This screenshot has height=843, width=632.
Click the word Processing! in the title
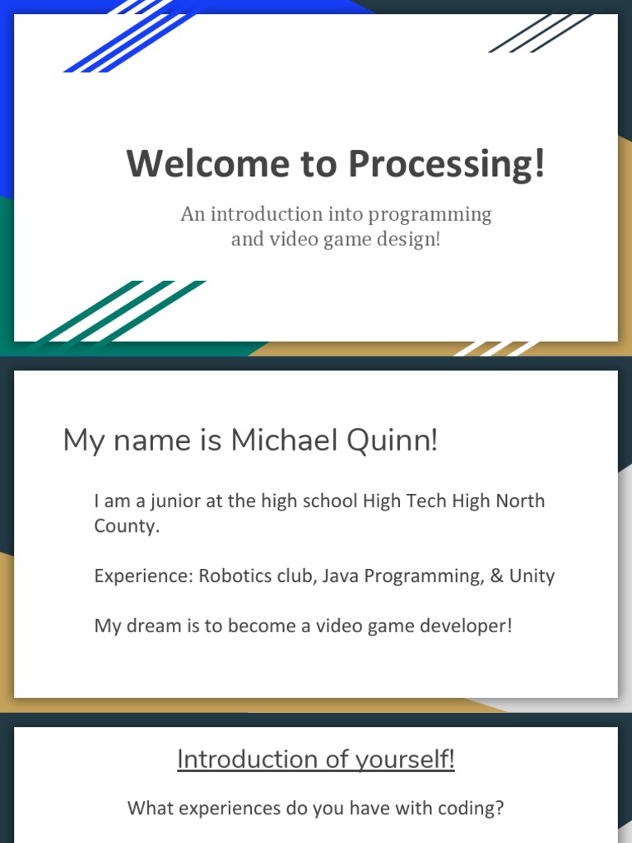(446, 164)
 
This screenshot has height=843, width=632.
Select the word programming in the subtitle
(430, 215)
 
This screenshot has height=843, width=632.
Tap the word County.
(126, 526)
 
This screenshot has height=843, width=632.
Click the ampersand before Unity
(496, 575)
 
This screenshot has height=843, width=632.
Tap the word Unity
(532, 575)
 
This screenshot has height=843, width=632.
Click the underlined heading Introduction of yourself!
(315, 759)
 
